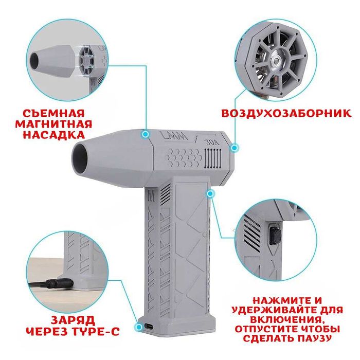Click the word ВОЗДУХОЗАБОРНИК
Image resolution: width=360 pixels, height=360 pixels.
click(287, 113)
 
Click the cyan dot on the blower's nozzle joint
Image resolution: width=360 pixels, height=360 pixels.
click(145, 134)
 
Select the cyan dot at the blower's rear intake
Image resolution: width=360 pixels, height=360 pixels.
click(235, 148)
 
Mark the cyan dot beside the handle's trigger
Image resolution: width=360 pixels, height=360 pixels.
click(210, 193)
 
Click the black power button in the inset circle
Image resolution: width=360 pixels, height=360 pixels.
click(275, 236)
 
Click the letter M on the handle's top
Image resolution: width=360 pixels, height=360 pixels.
click(151, 196)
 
